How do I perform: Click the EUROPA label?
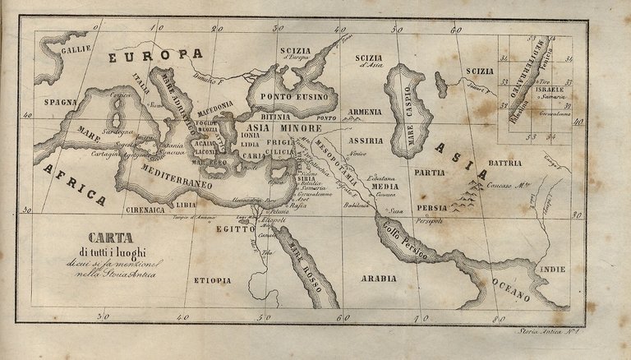pos(156,55)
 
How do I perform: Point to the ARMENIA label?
pos(364,111)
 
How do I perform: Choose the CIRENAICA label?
pos(146,210)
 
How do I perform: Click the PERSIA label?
pos(432,208)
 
